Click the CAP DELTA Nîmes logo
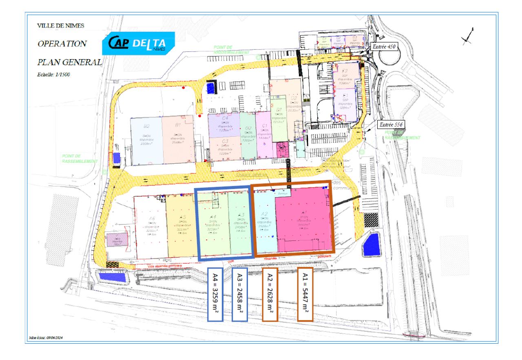tap(139, 44)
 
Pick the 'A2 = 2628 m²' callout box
tap(270, 294)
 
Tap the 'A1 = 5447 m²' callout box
tap(305, 294)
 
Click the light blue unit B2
tap(146, 139)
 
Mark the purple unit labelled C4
tap(224, 124)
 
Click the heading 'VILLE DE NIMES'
tap(55, 25)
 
